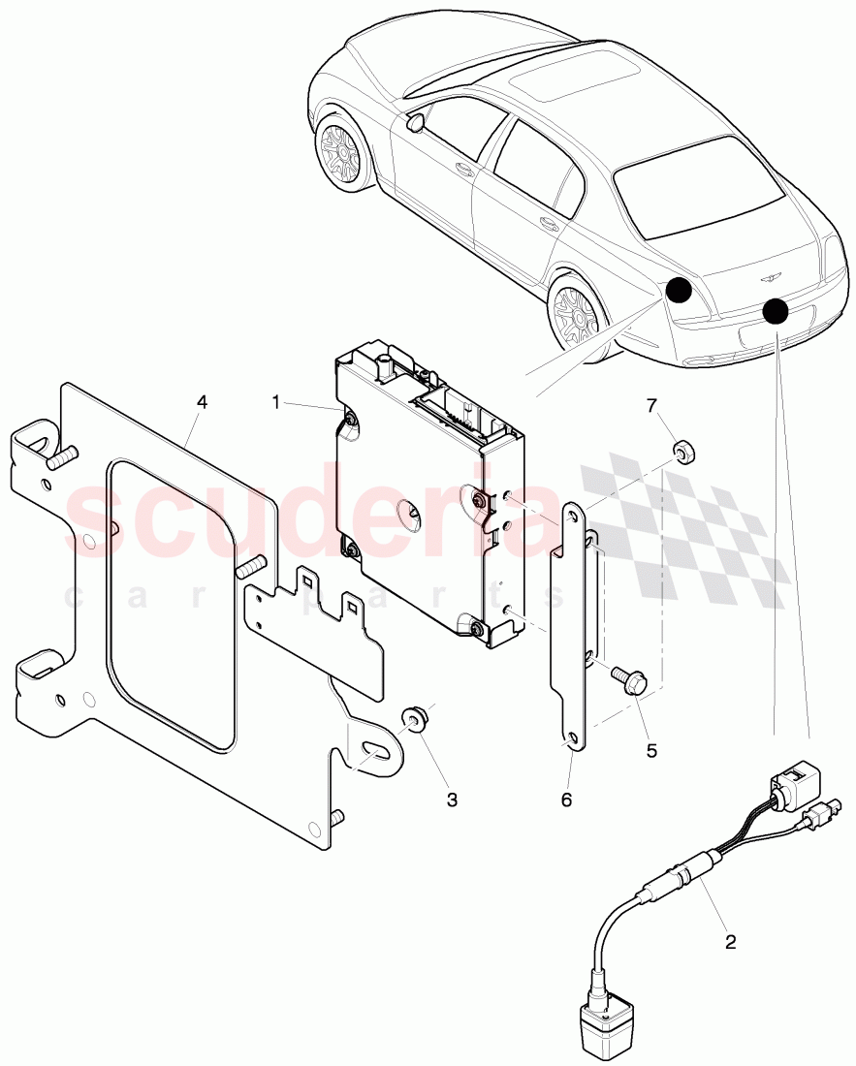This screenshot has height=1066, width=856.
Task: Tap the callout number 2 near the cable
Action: [730, 940]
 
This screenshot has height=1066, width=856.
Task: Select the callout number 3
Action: [452, 800]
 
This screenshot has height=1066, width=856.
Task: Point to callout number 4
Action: [202, 400]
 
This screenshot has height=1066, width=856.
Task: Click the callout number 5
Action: [650, 748]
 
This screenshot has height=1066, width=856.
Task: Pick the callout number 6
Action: [566, 799]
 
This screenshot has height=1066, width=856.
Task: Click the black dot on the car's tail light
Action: [679, 289]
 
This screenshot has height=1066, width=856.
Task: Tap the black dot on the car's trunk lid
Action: [775, 311]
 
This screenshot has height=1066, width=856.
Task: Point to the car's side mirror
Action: [418, 121]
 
